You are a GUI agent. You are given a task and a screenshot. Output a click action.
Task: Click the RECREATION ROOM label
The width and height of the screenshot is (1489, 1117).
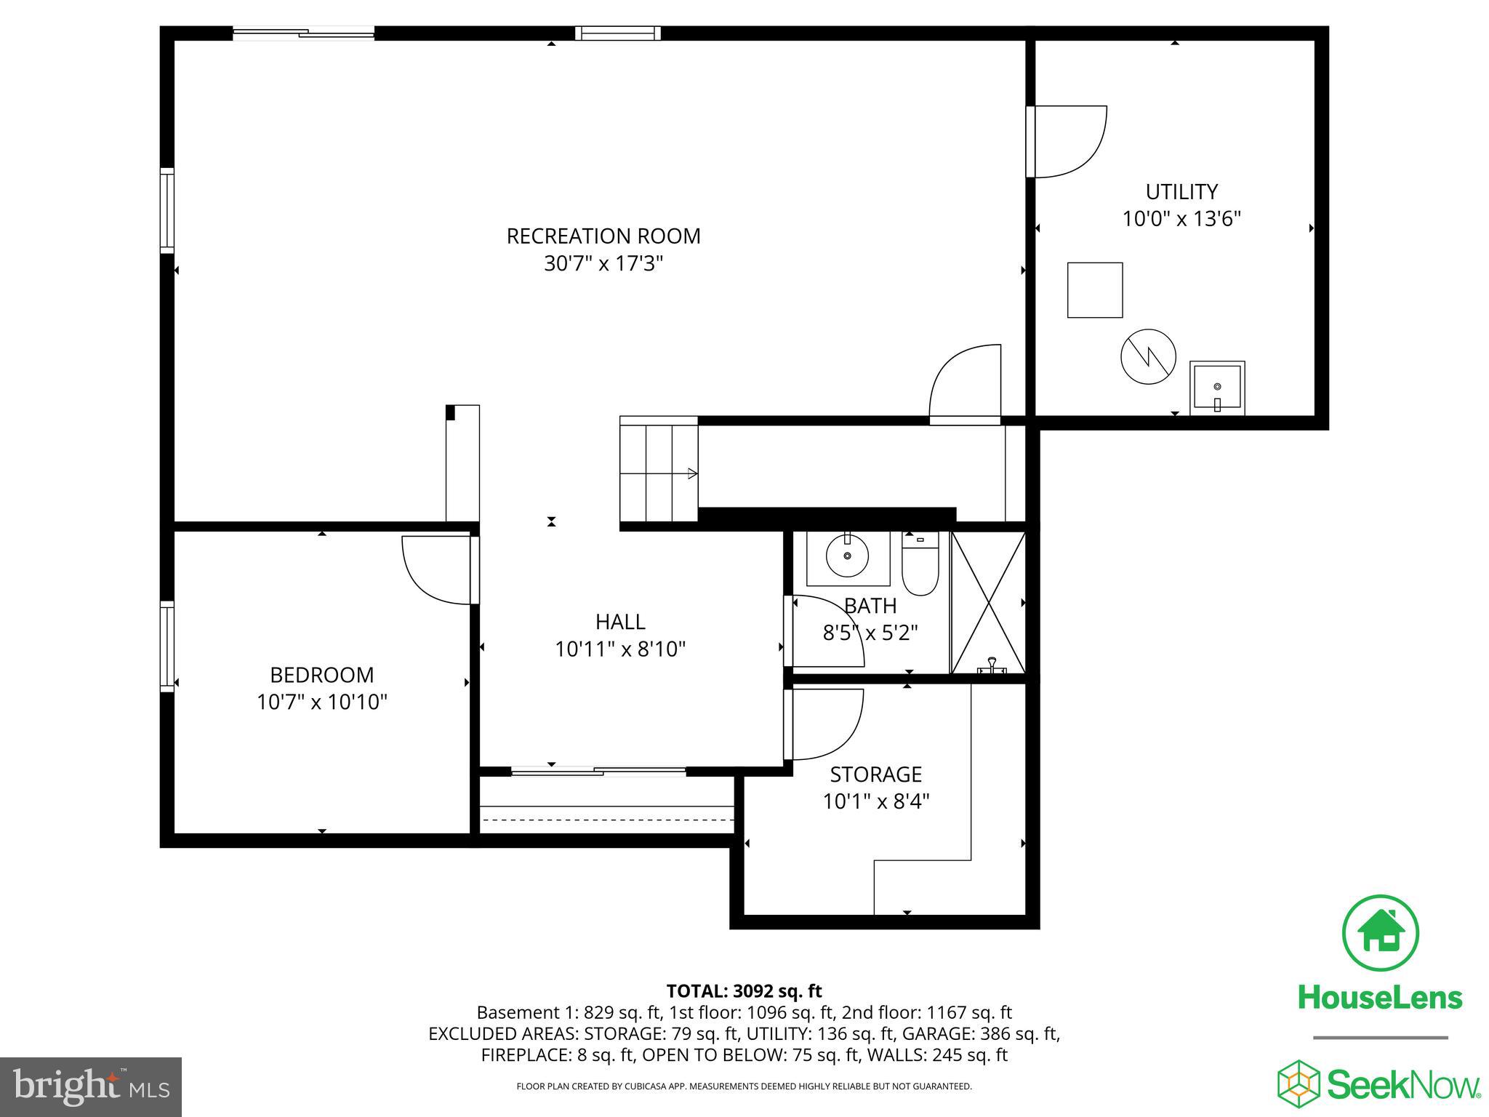click(603, 236)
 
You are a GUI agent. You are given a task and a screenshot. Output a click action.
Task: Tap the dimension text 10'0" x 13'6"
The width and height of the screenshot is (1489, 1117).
click(1181, 219)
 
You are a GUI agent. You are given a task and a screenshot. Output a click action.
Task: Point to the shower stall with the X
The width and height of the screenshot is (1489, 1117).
click(988, 603)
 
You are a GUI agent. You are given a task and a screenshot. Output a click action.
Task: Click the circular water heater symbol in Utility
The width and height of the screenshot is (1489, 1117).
click(1148, 356)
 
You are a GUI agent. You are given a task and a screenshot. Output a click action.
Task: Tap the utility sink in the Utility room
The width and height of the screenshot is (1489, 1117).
click(1217, 388)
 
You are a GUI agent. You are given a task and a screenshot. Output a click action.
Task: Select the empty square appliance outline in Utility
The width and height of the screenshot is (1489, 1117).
click(1094, 290)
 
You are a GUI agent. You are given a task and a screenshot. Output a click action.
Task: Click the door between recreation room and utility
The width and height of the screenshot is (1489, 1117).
click(1065, 142)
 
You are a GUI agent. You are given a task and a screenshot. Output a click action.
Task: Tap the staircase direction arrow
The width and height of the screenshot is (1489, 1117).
click(691, 474)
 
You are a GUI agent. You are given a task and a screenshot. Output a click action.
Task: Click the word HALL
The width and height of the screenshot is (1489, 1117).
click(620, 622)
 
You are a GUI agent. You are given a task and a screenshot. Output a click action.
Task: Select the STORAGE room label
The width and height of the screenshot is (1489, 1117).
click(875, 774)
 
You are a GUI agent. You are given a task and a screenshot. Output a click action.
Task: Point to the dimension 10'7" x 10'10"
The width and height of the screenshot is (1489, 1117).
click(321, 702)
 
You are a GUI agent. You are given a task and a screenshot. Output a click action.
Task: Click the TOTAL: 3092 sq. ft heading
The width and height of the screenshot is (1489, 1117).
click(743, 991)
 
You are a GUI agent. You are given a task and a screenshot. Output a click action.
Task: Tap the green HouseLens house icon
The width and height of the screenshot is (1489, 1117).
click(1379, 933)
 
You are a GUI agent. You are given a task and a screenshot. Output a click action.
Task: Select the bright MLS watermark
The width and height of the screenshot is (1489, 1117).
click(91, 1087)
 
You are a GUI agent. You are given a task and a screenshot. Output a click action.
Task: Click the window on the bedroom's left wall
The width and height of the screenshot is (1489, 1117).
click(167, 646)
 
